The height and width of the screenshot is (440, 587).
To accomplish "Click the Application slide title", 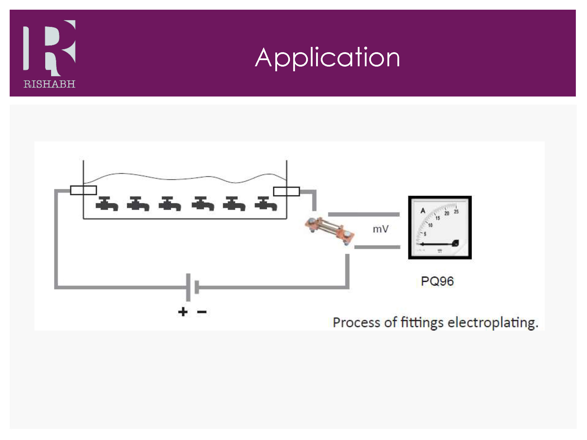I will [327, 58].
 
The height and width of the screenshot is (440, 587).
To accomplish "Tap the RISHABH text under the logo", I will [49, 84].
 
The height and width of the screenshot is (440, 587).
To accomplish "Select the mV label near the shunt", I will [381, 229].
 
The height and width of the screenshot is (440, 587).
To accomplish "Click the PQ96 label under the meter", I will [437, 281].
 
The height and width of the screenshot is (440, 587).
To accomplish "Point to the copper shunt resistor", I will [330, 231].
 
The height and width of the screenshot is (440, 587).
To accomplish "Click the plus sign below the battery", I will [183, 312].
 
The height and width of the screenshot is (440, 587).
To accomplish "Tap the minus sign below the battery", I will [202, 312].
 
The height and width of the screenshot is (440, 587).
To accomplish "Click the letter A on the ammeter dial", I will [423, 211].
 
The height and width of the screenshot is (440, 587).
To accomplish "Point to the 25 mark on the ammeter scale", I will [456, 211].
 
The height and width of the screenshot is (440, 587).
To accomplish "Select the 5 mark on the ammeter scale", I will [425, 234].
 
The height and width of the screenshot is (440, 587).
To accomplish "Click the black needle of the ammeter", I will [437, 244].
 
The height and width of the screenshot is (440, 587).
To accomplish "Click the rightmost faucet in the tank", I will [266, 204].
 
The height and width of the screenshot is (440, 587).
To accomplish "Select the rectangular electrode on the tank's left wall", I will [84, 190].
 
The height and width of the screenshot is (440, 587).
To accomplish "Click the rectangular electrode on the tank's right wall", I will [286, 192].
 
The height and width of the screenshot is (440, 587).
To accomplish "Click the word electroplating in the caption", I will [493, 323].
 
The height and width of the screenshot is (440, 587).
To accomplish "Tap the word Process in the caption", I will [356, 323].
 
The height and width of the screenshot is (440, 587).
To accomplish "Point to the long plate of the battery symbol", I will [188, 287].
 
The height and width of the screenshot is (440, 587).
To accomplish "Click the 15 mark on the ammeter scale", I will [438, 218].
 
